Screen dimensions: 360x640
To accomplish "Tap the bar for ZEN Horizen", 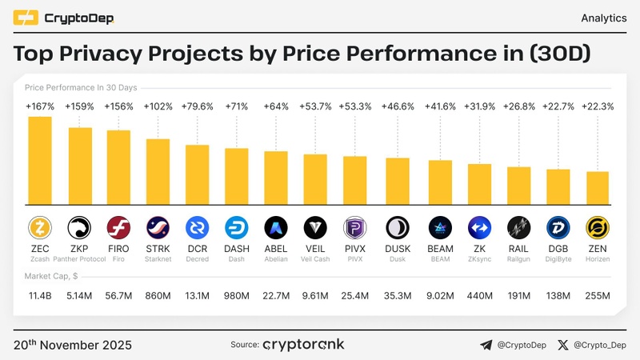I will point(597,186).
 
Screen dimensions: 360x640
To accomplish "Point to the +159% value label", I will point(79,106).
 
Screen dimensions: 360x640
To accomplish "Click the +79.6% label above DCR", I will point(197,106).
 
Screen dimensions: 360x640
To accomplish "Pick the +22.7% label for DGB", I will point(558,106).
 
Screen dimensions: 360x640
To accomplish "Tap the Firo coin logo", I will point(118,228).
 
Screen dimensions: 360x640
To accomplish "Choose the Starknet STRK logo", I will point(158,228).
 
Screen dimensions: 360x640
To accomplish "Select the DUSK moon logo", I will point(398,228).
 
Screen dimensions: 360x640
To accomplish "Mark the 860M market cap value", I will point(158,297).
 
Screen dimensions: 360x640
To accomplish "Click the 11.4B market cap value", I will point(40,297).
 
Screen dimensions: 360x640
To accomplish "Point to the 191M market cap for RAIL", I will point(518,297).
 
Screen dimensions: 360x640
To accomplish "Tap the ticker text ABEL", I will point(275,249).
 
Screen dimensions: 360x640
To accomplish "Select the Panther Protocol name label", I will point(79,258).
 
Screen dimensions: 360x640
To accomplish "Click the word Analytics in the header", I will point(602,18).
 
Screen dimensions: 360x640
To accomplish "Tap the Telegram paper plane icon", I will point(486,346).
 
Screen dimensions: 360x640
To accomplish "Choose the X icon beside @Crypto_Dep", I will point(564,346).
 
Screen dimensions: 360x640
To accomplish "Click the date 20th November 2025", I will point(73,346).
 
